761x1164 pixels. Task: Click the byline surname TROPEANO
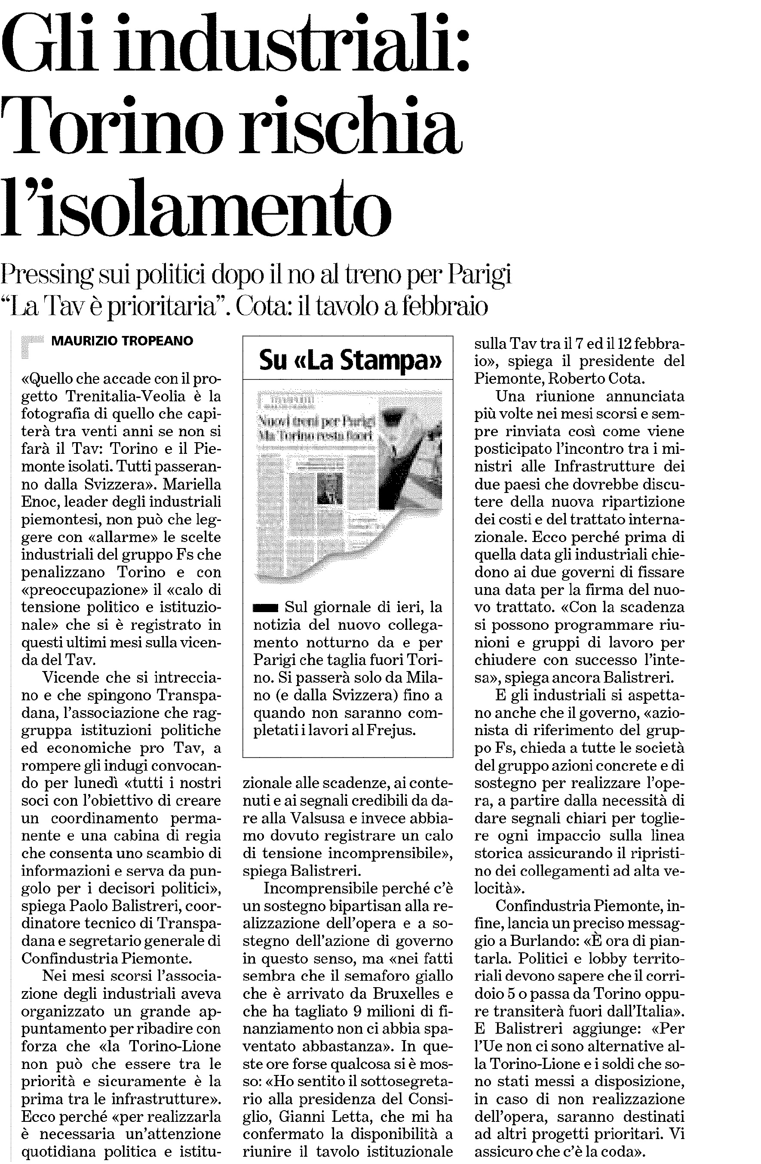click(x=157, y=341)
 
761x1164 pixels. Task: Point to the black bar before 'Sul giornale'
click(x=265, y=608)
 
